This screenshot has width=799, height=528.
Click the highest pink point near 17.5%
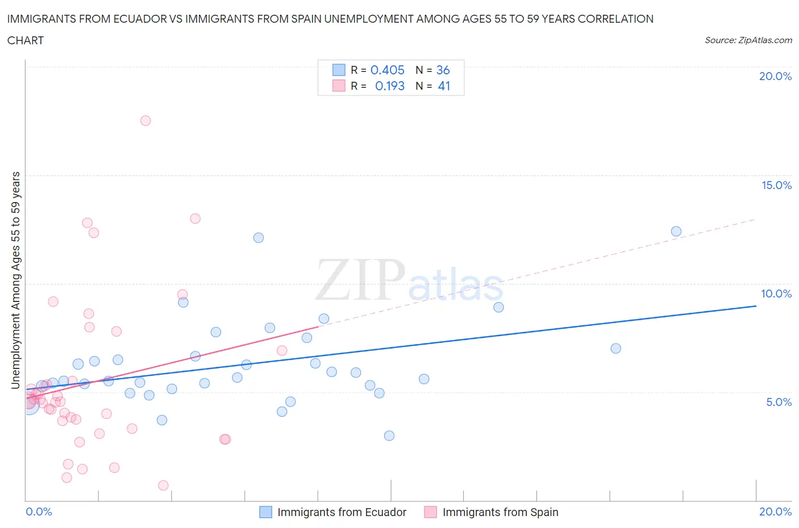(145, 120)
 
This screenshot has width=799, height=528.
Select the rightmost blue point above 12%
(676, 231)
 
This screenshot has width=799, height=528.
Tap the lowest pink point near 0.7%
(163, 485)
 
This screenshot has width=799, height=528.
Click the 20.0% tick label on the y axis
(775, 76)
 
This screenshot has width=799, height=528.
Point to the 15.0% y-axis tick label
(776, 185)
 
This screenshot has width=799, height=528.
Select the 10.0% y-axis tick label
(776, 294)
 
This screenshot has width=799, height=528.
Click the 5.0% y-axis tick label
(779, 402)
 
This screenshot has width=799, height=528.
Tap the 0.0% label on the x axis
(39, 512)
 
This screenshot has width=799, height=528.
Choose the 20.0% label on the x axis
(775, 512)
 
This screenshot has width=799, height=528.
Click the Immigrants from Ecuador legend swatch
(265, 512)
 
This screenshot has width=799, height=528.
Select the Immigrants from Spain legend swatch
(431, 512)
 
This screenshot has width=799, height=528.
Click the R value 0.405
(388, 70)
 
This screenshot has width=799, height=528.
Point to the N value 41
(444, 86)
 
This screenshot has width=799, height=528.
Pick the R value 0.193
(390, 86)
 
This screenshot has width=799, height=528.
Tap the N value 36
(443, 70)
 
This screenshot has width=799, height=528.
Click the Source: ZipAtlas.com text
(748, 40)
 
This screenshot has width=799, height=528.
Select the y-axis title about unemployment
(16, 280)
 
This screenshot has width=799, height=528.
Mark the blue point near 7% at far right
(615, 349)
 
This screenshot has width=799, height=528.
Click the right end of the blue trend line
(756, 306)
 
